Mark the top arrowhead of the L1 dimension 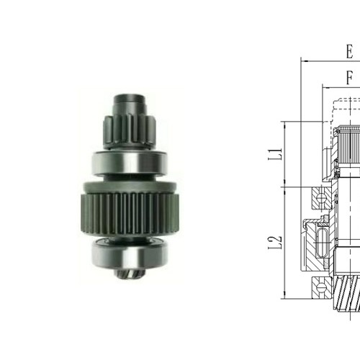(285, 125)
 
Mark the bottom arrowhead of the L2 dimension (285, 296)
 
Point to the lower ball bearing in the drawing (319, 289)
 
